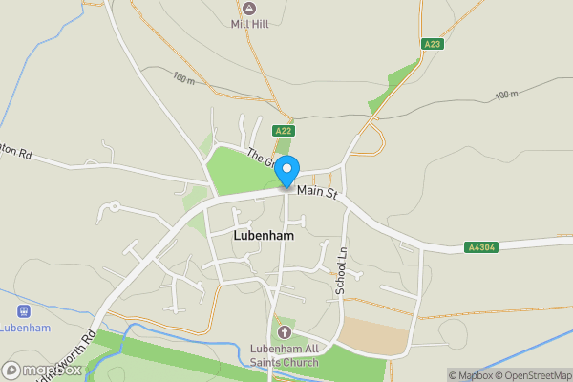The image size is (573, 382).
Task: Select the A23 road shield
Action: coord(433,44)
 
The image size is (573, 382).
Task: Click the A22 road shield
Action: coord(283,131)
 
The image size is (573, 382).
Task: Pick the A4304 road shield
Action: coord(481,247)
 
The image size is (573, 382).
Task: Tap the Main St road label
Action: coord(318,193)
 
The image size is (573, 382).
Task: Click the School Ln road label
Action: coord(340,270)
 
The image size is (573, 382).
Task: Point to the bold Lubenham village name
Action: coord(263,234)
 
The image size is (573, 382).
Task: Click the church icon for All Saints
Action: coord(284,332)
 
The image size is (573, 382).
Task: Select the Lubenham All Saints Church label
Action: coord(284,355)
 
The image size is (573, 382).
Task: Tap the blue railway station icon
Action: coord(24,311)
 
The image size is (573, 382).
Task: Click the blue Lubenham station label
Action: coord(25,329)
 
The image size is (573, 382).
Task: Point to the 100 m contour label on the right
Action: coord(506,95)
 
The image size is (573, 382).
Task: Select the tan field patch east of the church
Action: coord(374,333)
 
